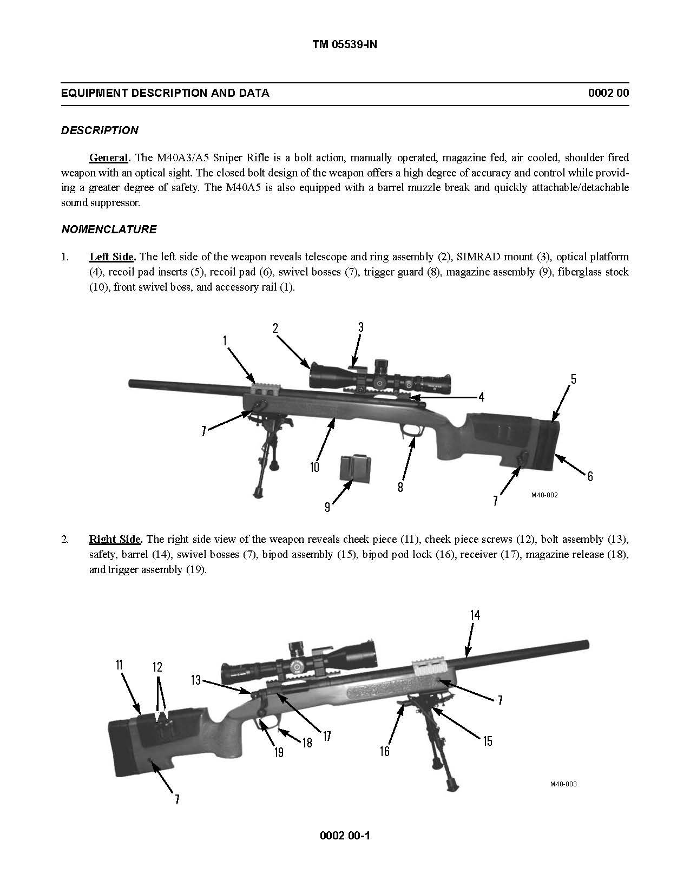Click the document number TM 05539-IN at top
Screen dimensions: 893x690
(344, 45)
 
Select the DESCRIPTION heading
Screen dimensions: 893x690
(100, 130)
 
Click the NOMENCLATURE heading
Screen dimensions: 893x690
(109, 229)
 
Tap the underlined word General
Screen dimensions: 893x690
(109, 158)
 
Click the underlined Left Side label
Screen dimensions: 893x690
(111, 257)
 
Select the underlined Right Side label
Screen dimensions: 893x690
(115, 539)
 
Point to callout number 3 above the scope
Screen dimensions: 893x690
(360, 327)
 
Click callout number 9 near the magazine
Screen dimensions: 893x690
(327, 507)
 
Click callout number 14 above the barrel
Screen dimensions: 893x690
(475, 615)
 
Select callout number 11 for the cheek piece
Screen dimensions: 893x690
(119, 665)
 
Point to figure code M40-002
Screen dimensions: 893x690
(544, 495)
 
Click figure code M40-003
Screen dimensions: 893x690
(563, 784)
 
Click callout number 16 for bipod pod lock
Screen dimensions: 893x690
(384, 751)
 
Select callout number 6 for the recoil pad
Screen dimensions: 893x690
(590, 476)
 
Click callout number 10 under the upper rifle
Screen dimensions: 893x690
(315, 467)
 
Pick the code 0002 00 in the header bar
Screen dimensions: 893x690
(608, 93)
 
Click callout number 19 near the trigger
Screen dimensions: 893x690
(278, 752)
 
